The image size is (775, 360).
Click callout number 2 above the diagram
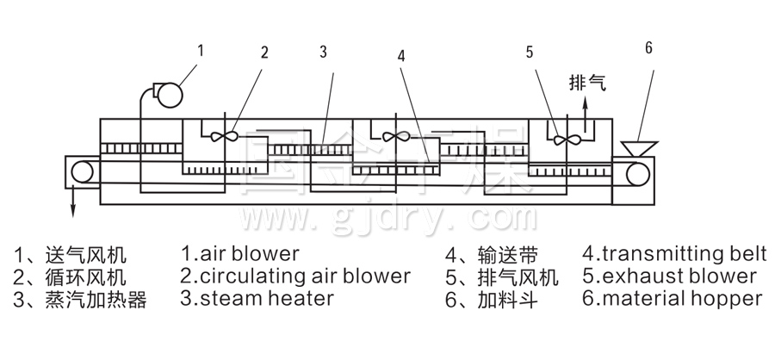[x=264, y=52]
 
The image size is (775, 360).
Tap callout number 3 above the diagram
[x=323, y=52]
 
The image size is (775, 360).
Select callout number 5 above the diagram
[x=530, y=52]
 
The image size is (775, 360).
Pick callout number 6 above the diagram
[x=647, y=47]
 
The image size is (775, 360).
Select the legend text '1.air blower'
[x=240, y=254]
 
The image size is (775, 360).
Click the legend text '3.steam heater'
[x=257, y=299]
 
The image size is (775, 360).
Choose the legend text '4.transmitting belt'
[x=674, y=254]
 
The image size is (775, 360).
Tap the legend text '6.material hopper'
[x=672, y=299]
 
